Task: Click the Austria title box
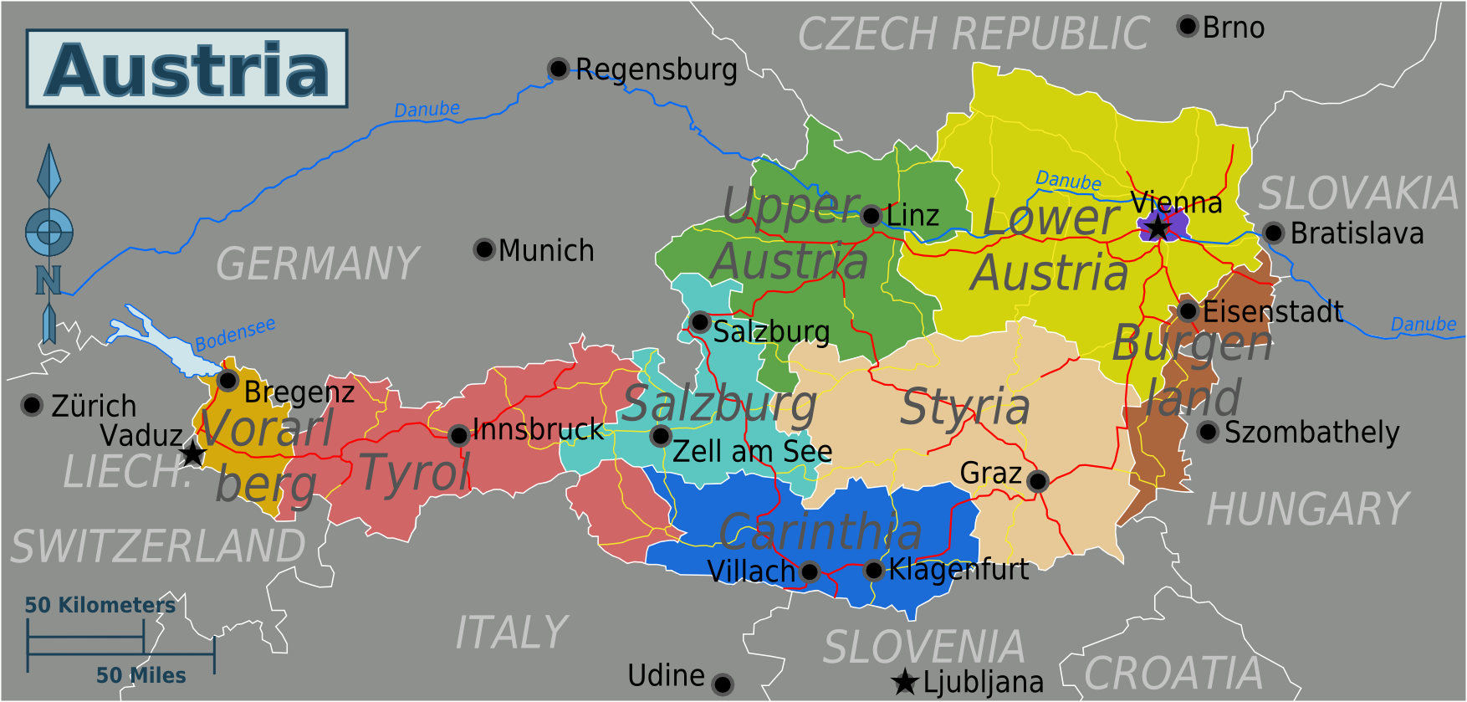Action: tap(187, 69)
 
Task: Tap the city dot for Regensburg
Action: tap(558, 68)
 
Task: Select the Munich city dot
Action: tap(484, 249)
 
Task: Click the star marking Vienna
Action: tap(1158, 227)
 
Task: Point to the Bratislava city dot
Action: tap(1273, 233)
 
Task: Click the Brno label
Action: tap(1233, 28)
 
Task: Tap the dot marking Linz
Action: tap(871, 216)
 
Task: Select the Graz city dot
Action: tap(1037, 481)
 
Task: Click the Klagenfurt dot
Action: tap(873, 571)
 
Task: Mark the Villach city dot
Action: tap(809, 572)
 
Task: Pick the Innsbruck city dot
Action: tap(458, 435)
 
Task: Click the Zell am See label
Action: tap(752, 452)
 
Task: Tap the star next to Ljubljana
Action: tap(905, 682)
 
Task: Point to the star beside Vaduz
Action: tap(192, 453)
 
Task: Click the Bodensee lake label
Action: tap(235, 335)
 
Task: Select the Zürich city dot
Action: tap(32, 405)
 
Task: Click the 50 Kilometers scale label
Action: tap(100, 605)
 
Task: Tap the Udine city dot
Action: tap(723, 684)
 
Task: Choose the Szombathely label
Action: tap(1311, 433)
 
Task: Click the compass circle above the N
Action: tap(49, 232)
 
